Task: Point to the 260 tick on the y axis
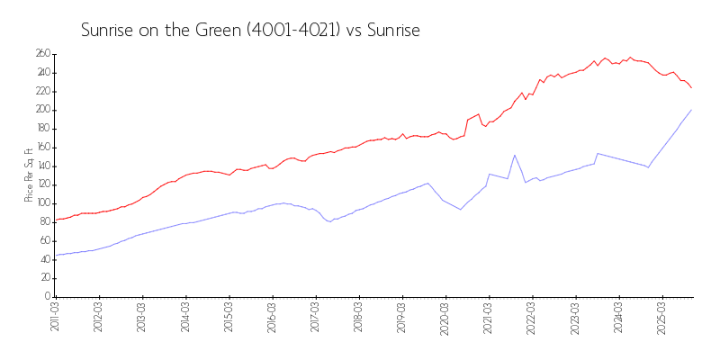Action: (x=42, y=54)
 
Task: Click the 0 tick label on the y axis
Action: (x=46, y=297)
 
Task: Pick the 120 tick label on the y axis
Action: (x=42, y=184)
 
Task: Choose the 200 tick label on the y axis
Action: (x=42, y=110)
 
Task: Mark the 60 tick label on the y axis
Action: (x=44, y=241)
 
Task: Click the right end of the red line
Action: (x=691, y=87)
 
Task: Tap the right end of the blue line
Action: (x=691, y=110)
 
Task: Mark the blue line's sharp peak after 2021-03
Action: (x=515, y=155)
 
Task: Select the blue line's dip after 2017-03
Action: (x=330, y=221)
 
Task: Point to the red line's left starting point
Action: (x=56, y=220)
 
